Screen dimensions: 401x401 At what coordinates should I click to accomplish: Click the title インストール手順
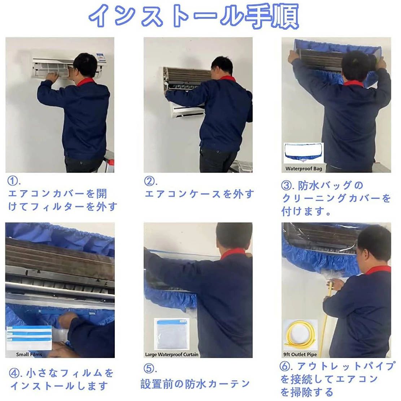tap(193, 16)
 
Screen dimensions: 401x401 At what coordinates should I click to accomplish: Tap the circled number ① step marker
tap(13, 181)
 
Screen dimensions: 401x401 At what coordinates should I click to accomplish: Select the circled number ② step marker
tap(149, 181)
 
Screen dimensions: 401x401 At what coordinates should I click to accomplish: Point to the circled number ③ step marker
tap(286, 186)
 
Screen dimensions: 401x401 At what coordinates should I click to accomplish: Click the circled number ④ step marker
tap(14, 373)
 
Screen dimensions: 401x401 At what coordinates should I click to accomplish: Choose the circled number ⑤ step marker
tap(149, 369)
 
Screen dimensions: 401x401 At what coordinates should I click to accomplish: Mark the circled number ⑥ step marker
tap(285, 366)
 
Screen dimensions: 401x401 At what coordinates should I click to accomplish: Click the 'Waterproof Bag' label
tap(304, 169)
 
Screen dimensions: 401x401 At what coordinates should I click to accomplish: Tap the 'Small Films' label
tap(29, 354)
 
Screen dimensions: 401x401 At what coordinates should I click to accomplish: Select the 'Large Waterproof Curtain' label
tap(171, 354)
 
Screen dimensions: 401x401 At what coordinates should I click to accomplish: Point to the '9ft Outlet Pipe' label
tap(300, 354)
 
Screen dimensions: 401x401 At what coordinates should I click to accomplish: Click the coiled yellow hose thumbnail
tap(300, 336)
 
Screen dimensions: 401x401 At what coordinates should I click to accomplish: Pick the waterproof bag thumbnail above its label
tap(304, 153)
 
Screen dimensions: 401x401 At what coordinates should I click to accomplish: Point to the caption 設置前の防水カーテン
tap(195, 384)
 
